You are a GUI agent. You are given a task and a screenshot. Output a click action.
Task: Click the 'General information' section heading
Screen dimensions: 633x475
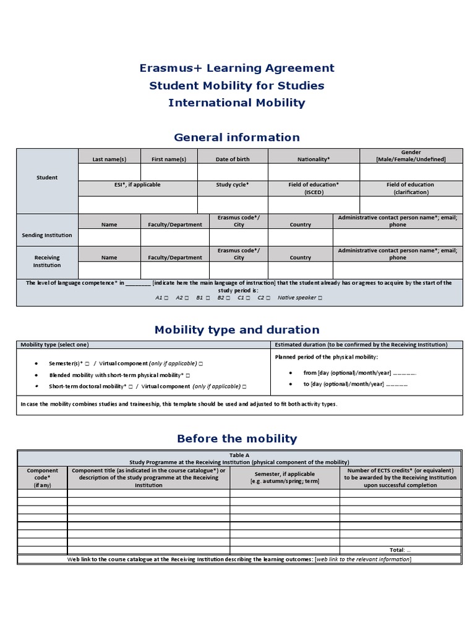[x=237, y=137]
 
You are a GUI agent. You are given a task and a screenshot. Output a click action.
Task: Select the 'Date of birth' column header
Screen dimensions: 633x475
[x=233, y=159]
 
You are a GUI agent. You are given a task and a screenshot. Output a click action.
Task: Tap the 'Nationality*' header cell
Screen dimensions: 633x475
[x=314, y=159]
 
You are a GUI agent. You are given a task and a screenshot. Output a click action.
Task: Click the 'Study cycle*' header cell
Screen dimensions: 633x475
[x=233, y=185]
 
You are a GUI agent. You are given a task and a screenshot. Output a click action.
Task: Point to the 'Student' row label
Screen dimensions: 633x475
[x=47, y=177]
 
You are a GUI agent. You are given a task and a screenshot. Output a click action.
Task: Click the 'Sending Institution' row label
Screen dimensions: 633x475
[x=47, y=235]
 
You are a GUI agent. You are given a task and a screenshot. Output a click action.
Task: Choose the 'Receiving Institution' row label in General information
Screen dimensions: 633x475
[x=47, y=261]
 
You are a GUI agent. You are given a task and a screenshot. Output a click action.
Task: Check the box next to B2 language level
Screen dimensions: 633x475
[x=228, y=298]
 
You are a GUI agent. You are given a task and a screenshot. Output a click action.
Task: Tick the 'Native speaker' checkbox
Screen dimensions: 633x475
[x=320, y=298]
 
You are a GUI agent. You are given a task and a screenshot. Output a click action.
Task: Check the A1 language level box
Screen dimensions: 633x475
[x=166, y=298]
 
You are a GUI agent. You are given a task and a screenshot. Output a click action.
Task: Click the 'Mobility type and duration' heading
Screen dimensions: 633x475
[x=237, y=329]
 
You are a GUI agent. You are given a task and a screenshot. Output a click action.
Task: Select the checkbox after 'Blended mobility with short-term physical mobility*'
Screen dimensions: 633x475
[x=187, y=375]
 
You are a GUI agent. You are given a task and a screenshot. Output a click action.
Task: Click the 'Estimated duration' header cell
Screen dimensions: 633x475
[x=361, y=345]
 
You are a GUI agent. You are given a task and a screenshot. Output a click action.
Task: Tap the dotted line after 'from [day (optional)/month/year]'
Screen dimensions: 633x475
[x=404, y=373]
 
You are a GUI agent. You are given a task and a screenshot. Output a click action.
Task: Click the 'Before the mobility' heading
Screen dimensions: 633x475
[x=237, y=438]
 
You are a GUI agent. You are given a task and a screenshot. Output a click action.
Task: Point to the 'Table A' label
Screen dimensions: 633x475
[x=239, y=455]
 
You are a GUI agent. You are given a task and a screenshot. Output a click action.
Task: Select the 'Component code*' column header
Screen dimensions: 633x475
[x=42, y=478]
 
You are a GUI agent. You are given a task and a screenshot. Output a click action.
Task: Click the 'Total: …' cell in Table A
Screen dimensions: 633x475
[x=400, y=550]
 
